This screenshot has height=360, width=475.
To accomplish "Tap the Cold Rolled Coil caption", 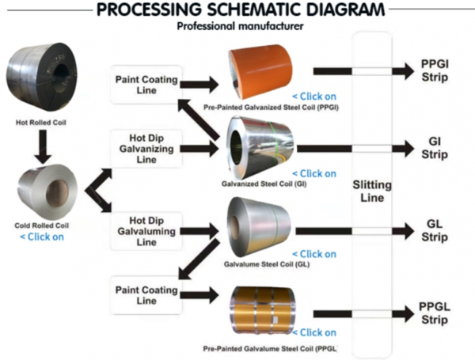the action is [x=41, y=225].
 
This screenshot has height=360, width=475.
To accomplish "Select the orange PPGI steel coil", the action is [x=260, y=71].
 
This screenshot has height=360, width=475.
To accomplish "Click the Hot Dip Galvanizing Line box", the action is [x=146, y=149].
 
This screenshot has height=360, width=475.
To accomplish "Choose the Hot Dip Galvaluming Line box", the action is [x=146, y=231].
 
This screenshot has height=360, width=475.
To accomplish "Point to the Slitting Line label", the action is [x=372, y=191].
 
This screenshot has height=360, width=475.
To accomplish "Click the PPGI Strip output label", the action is [x=435, y=70].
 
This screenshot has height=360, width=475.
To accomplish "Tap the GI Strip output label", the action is [x=435, y=148].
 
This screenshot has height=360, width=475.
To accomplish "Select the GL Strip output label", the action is [x=435, y=230].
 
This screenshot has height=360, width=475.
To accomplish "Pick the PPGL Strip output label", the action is [x=435, y=313].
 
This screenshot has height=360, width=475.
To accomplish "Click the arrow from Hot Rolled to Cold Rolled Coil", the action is [x=42, y=147].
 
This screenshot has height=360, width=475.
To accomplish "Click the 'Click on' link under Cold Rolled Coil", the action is [x=42, y=237].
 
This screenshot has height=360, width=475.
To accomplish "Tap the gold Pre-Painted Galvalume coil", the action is [x=262, y=310].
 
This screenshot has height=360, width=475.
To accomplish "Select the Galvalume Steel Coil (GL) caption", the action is [x=267, y=264].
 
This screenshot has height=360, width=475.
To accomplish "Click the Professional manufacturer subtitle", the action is [x=240, y=26].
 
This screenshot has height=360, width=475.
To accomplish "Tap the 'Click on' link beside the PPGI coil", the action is [x=314, y=97].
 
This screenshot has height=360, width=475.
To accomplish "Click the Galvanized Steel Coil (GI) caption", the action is [x=264, y=184].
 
